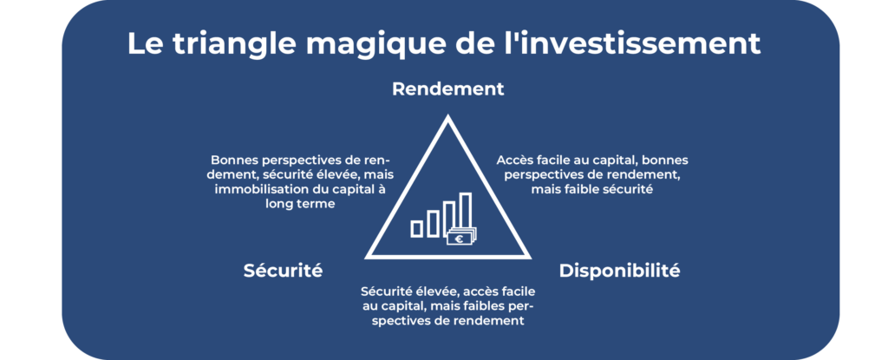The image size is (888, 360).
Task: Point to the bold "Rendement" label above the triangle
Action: [x=447, y=89]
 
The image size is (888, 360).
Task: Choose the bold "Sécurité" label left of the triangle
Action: [x=283, y=271]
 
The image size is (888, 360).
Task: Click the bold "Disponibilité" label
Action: [x=619, y=271]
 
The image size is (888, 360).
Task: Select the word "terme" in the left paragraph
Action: [x=316, y=204]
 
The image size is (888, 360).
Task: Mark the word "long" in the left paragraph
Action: [x=282, y=204]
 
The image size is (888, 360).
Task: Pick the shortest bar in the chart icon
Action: [x=417, y=228]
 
